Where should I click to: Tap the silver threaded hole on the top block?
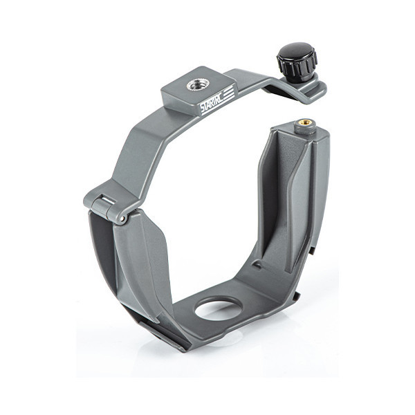[x=196, y=85]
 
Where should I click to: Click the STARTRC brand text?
[x=212, y=102]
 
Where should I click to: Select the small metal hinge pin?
[x=122, y=219]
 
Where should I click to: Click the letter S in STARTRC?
[x=203, y=109]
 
